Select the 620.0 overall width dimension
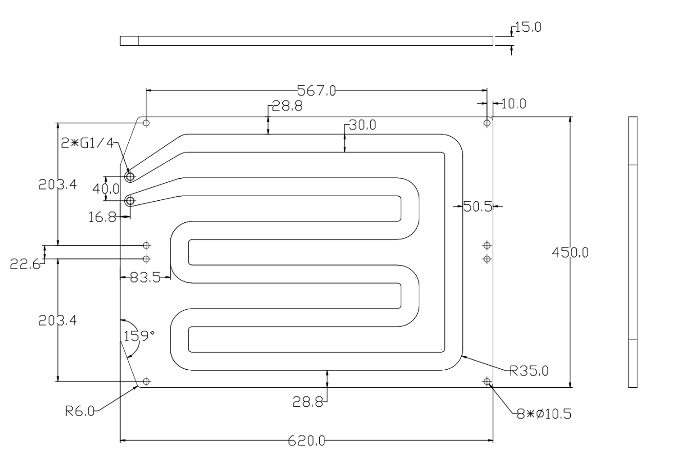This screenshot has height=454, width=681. [x=306, y=441]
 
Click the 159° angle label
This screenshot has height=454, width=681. [x=139, y=336]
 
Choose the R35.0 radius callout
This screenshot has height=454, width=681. [x=529, y=370]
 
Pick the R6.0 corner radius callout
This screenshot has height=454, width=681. [x=80, y=411]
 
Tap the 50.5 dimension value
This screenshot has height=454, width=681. [x=477, y=207]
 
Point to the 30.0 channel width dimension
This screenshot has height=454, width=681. [x=363, y=125]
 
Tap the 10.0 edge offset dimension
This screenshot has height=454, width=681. [x=513, y=104]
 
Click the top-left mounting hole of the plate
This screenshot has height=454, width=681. [x=146, y=123]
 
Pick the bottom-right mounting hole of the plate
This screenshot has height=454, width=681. [x=487, y=381]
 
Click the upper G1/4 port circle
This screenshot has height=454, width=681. [x=130, y=177]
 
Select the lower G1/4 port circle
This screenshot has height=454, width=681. [x=130, y=200]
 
